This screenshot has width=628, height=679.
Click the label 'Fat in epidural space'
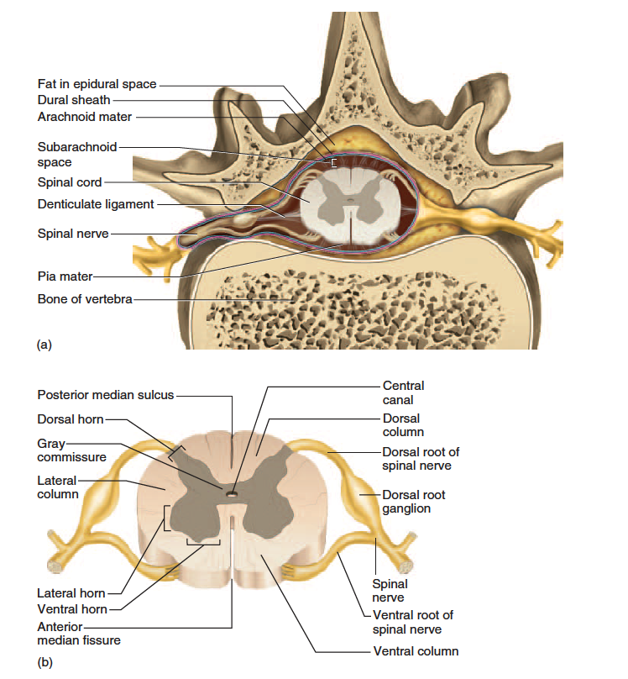click(x=97, y=84)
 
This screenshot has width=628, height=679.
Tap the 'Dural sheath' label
click(x=74, y=100)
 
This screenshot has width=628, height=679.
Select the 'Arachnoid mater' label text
click(x=84, y=117)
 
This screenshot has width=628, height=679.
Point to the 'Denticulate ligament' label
click(x=96, y=204)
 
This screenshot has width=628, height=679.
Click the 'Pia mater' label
click(x=65, y=276)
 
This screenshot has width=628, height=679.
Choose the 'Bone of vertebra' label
click(x=85, y=299)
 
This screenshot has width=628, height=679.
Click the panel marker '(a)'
click(x=44, y=345)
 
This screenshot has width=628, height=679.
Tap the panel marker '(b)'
click(x=45, y=662)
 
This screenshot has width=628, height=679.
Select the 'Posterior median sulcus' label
click(x=106, y=395)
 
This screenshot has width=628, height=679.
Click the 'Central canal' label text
click(x=403, y=392)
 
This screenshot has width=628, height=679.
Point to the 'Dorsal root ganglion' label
click(x=413, y=502)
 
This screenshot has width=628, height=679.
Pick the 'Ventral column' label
click(x=416, y=651)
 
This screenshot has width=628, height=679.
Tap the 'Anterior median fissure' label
click(x=79, y=634)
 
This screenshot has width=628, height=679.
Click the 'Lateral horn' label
click(x=71, y=593)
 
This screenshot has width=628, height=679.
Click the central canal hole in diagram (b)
click(x=233, y=493)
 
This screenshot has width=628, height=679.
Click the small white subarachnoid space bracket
click(x=332, y=163)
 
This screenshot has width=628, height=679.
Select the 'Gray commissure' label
click(x=71, y=450)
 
